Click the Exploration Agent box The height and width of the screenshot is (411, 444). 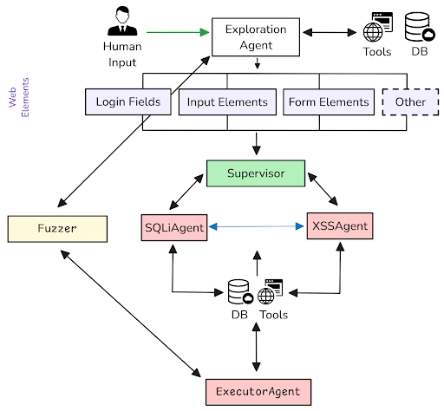256,37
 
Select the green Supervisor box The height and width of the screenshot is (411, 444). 256,173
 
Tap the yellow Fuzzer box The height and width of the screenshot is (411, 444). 57,229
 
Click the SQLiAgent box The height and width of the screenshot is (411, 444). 174,227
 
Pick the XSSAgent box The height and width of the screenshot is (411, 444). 340,226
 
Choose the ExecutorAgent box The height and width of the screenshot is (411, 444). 258,392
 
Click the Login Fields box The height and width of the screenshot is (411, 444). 128,101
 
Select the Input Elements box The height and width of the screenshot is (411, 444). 227,102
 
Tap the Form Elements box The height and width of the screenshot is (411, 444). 329,102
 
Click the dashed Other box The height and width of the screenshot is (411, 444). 410,102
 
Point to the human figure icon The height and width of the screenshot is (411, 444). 122,21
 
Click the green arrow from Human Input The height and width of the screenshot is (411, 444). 178,32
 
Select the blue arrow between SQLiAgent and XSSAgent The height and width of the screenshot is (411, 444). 256,226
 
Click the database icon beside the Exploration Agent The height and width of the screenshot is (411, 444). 419,27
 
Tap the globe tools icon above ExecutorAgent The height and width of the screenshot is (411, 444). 270,291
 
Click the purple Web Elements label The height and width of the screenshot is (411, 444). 19,97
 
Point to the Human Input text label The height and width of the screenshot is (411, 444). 122,55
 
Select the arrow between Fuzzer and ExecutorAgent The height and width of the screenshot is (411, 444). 131,314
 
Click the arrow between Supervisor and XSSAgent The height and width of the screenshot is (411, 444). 323,189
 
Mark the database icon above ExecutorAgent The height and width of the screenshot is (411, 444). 240,291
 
